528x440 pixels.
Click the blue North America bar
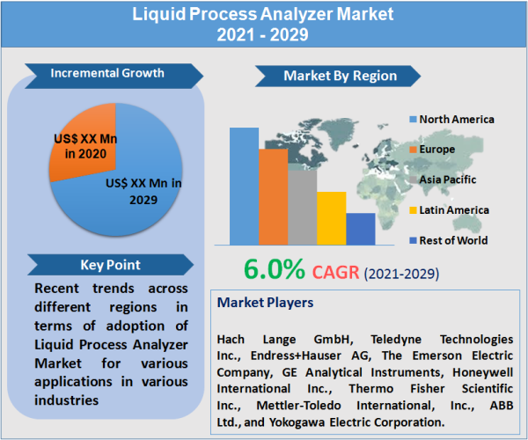[244, 186]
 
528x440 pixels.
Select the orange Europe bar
[273, 197]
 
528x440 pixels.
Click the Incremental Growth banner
[106, 72]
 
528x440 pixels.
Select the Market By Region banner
[338, 77]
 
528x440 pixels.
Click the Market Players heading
[265, 303]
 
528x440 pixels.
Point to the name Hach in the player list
[233, 339]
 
